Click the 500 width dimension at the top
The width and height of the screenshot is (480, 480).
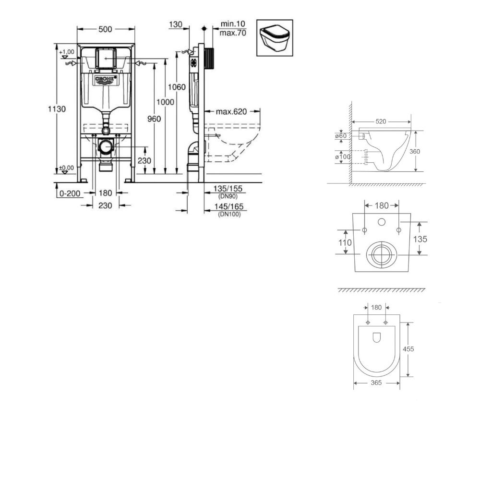click(105, 29)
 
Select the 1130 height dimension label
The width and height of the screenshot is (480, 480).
click(57, 109)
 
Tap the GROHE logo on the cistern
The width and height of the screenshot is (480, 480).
click(106, 79)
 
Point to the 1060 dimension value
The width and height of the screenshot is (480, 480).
click(177, 87)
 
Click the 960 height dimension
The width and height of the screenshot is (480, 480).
click(154, 119)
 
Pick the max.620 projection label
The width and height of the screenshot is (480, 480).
click(231, 112)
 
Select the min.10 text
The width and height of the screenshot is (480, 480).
click(233, 24)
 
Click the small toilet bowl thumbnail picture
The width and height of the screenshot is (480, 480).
click(275, 38)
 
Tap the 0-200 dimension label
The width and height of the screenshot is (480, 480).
click(70, 193)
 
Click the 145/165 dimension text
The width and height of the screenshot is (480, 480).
click(228, 207)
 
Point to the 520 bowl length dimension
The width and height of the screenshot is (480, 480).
click(381, 121)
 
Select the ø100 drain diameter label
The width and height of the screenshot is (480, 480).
click(343, 157)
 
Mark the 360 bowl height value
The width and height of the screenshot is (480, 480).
click(415, 152)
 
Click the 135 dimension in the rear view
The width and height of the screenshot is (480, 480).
click(420, 239)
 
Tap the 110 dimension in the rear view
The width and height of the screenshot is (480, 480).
click(345, 243)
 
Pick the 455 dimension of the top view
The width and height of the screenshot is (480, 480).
click(408, 349)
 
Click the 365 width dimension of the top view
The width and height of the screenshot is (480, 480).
click(376, 383)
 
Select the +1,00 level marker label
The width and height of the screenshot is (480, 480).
click(67, 52)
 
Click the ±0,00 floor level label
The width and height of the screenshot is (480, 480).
click(66, 168)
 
